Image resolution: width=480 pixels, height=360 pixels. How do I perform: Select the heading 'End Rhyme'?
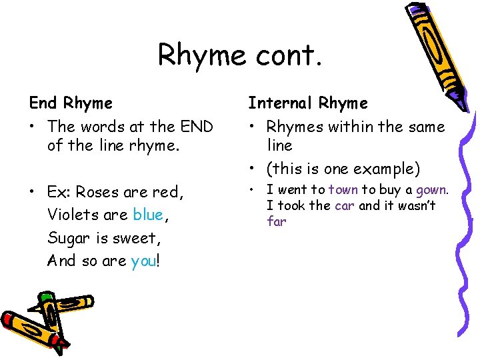(71, 103)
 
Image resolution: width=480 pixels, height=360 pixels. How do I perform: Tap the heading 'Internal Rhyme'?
(308, 103)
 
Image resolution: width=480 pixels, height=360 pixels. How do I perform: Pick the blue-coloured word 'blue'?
(148, 215)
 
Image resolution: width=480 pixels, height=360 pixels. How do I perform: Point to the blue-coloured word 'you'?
(143, 261)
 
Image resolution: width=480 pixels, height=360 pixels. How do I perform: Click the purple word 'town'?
(343, 190)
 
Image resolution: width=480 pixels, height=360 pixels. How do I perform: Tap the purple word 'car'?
(345, 205)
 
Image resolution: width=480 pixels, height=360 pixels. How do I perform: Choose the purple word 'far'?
(277, 221)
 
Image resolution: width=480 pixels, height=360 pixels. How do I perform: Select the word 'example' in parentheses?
(387, 168)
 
